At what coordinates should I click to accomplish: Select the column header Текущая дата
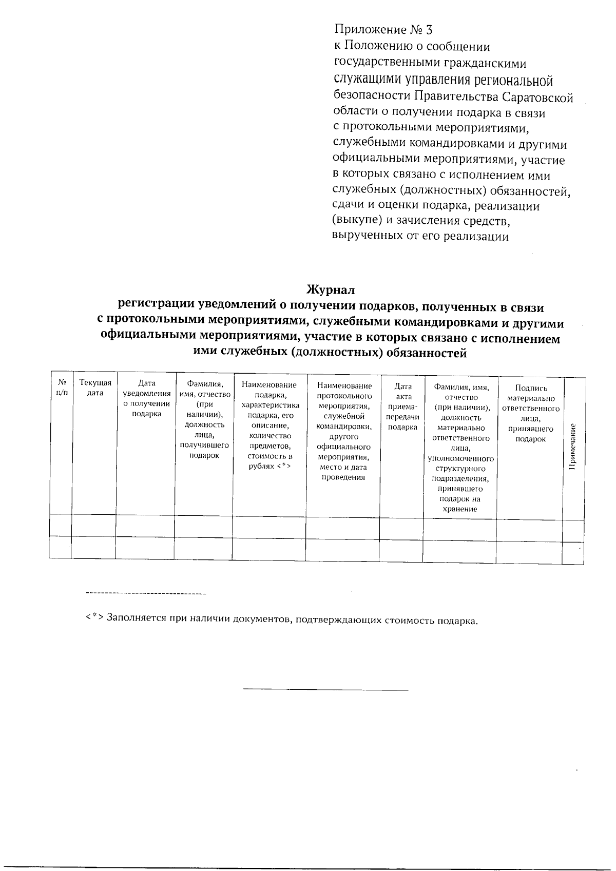pos(95,388)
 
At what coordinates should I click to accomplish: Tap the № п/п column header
pos(62,388)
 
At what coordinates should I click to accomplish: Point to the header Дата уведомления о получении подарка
pos(146,398)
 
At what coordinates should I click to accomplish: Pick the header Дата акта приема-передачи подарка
pos(402,407)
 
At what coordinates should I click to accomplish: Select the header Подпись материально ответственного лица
pos(531,414)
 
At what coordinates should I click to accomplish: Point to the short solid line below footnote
pos(325,690)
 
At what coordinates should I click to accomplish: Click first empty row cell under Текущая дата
pos(94,528)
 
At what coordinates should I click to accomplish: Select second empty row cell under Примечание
pos(573,550)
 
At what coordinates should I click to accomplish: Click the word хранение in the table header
pos(459,509)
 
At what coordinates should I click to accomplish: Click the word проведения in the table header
pos(343,477)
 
